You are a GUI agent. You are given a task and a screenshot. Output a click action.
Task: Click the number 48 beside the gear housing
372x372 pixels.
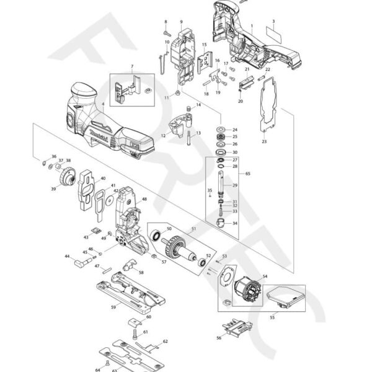pos(144,199)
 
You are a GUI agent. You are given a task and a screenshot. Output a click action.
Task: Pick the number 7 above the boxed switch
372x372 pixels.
pos(131,66)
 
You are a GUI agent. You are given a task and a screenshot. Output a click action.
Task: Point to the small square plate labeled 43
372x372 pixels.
pos(95,230)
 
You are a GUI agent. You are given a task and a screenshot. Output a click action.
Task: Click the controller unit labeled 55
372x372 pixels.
pos(286,298)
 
